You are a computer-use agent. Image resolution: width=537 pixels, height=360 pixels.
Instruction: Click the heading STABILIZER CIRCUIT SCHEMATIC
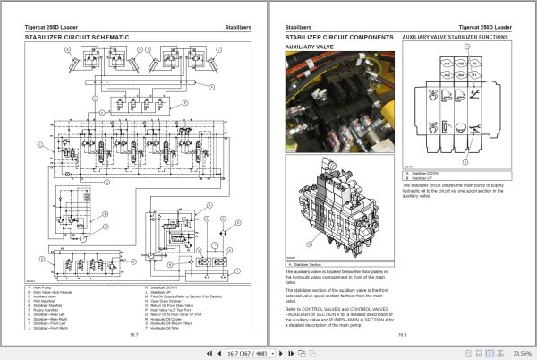76,37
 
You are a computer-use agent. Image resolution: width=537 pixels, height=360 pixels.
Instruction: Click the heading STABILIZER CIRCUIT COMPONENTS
339,37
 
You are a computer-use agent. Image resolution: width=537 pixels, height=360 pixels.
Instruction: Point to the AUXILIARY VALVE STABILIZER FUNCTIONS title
456,37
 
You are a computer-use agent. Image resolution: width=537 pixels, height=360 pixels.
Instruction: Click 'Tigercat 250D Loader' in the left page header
54,24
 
